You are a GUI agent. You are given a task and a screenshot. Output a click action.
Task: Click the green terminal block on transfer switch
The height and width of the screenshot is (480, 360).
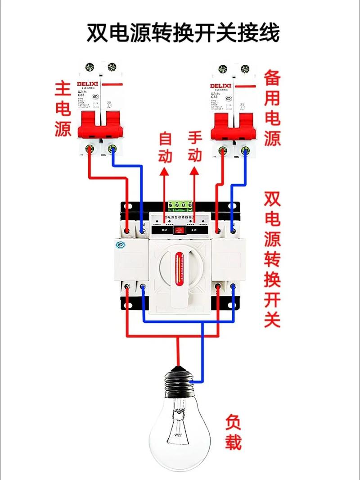(x=180, y=206)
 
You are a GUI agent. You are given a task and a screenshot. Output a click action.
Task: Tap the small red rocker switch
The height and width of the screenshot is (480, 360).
(x=180, y=230)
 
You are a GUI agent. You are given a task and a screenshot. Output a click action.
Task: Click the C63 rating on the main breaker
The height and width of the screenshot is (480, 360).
(x=82, y=95)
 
